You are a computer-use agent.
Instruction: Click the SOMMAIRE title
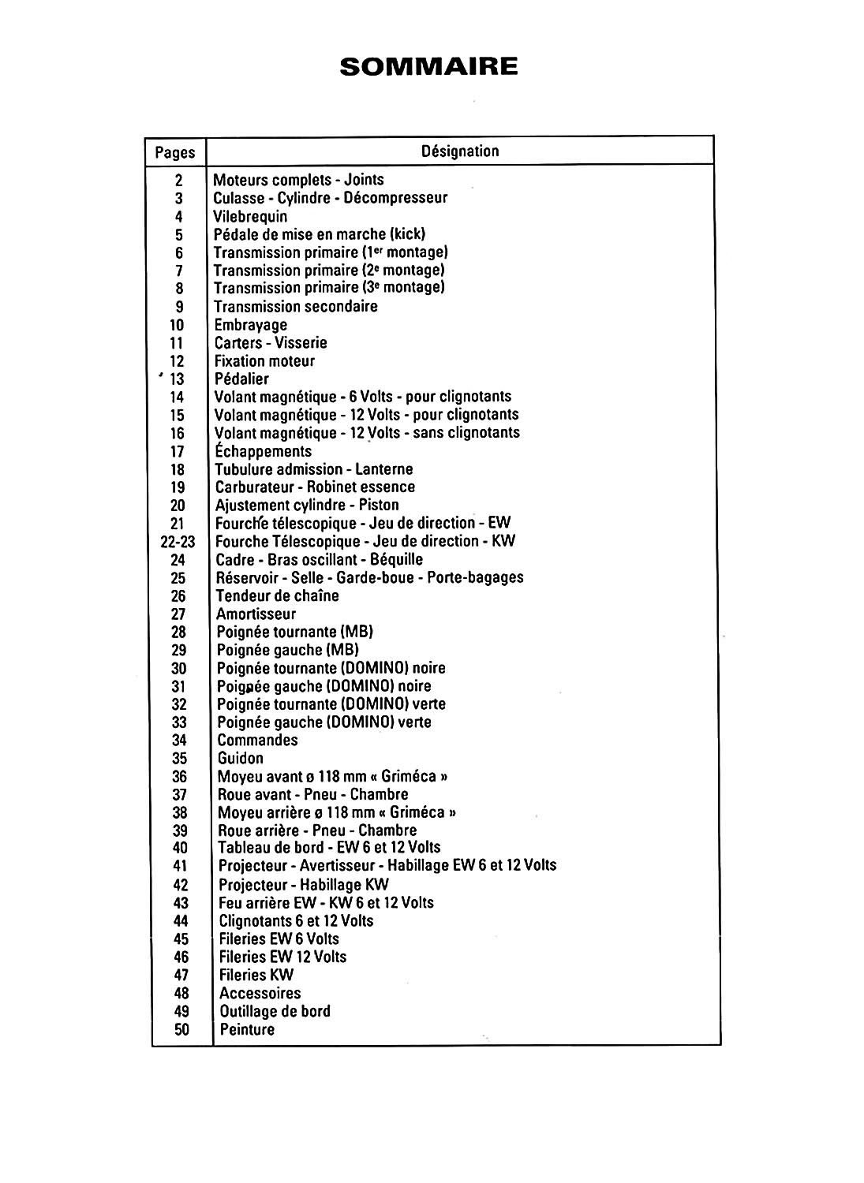pyautogui.click(x=428, y=66)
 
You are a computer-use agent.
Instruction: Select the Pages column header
pyautogui.click(x=174, y=152)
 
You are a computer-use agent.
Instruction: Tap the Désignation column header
pyautogui.click(x=460, y=151)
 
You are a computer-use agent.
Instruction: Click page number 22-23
pyautogui.click(x=178, y=542)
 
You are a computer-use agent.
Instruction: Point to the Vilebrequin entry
pyautogui.click(x=250, y=216)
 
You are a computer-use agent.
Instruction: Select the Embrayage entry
pyautogui.click(x=251, y=325)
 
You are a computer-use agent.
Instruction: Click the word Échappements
pyautogui.click(x=264, y=451)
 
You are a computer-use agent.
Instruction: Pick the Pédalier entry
pyautogui.click(x=241, y=379)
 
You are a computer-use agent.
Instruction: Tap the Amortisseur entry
pyautogui.click(x=256, y=614)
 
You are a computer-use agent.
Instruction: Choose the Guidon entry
pyautogui.click(x=241, y=758)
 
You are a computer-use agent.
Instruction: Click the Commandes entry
pyautogui.click(x=257, y=740)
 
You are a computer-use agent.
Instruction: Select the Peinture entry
pyautogui.click(x=247, y=1029)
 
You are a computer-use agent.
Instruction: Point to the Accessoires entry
pyautogui.click(x=260, y=993)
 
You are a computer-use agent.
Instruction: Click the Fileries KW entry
pyautogui.click(x=256, y=975)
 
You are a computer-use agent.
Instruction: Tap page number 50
pyautogui.click(x=181, y=1029)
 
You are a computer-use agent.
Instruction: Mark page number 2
pyautogui.click(x=179, y=180)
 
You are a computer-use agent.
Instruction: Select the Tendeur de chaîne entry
pyautogui.click(x=278, y=595)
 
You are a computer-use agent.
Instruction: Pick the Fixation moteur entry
pyautogui.click(x=264, y=361)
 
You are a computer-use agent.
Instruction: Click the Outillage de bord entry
pyautogui.click(x=275, y=1011)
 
